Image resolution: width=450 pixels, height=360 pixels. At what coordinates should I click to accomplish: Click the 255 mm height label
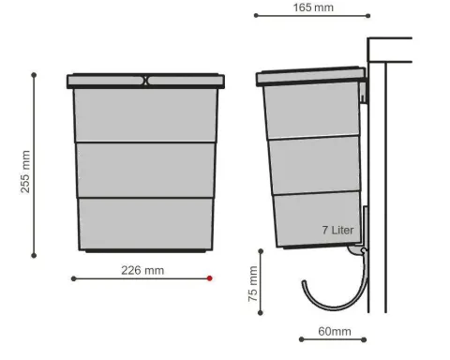(25, 172)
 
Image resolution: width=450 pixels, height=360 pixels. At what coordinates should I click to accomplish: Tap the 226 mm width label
(142, 270)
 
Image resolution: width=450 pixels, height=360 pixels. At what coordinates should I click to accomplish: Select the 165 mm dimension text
(313, 7)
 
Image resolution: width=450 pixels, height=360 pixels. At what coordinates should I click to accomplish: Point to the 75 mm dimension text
(253, 284)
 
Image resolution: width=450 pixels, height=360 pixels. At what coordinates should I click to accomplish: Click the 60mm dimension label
(335, 331)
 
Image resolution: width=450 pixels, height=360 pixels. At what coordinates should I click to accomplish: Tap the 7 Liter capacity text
(337, 231)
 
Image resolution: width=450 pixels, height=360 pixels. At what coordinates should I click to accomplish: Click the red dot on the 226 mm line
(210, 278)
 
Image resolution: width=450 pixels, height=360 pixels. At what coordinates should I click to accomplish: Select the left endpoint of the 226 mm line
(74, 278)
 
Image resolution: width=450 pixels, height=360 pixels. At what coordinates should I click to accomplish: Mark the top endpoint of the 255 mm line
(34, 75)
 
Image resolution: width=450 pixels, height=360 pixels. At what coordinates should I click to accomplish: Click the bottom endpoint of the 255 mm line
(34, 256)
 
